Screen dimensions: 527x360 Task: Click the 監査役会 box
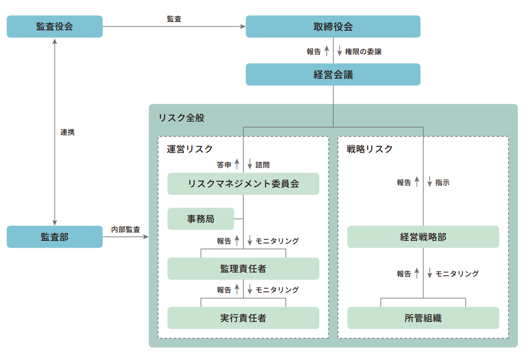coord(54,26)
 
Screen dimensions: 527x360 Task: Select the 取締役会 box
coord(333,26)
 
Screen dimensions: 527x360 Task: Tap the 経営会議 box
coord(333,75)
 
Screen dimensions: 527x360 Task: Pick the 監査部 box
coord(54,237)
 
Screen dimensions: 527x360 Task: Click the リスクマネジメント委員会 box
coord(243,184)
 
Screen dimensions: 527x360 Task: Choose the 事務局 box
coord(201,219)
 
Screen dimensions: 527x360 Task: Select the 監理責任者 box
coord(243,269)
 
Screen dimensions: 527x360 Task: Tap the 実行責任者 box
coord(243,318)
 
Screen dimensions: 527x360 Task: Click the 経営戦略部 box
coord(423,237)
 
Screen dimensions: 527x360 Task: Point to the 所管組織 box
coord(423,318)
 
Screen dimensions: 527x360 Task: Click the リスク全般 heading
coord(182,118)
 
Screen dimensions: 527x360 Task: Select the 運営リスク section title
coord(190,149)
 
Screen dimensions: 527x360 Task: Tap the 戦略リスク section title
coord(370,149)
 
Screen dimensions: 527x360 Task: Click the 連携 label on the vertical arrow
coord(67,132)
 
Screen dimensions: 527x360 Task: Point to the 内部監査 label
coord(126,230)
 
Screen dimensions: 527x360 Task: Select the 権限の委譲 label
coord(363,52)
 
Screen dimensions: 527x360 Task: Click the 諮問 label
coord(262,165)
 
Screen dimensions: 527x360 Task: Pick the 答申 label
coord(224,165)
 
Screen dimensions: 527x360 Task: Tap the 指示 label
coord(443,183)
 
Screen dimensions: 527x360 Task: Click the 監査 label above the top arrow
coord(174,19)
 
